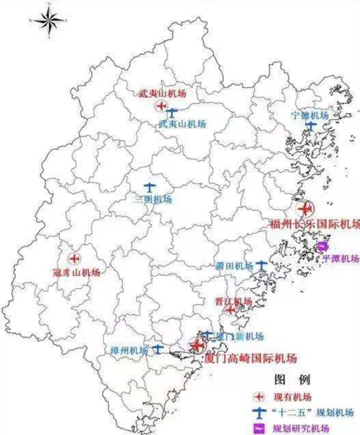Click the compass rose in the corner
coord(49,20)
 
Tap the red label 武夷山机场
coord(160,94)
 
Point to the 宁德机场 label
coord(310,115)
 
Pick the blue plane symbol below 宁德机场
coord(311,127)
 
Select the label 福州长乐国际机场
coord(314,224)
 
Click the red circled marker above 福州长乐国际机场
coord(306,209)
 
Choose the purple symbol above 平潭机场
coord(323,248)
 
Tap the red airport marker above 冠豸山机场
coord(73,258)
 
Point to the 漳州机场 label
coord(129,350)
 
